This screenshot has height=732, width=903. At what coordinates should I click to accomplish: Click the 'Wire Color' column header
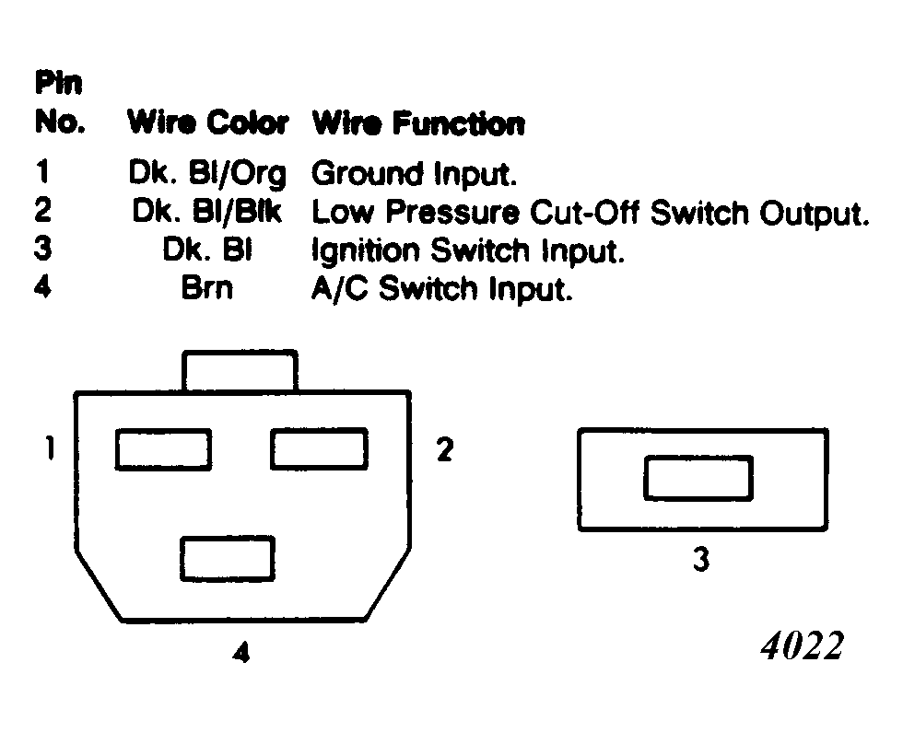[207, 122]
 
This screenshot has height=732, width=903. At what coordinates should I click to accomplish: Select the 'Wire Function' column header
[418, 123]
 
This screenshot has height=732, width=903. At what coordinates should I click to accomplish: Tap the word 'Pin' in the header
[59, 82]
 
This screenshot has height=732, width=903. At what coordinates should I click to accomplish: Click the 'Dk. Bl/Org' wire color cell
[207, 174]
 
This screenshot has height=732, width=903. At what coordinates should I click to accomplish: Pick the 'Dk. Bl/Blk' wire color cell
[207, 211]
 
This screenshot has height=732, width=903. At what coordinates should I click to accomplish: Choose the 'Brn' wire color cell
[207, 287]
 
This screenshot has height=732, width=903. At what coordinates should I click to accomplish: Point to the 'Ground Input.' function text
[414, 174]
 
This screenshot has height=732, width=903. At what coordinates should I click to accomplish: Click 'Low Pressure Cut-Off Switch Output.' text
[590, 213]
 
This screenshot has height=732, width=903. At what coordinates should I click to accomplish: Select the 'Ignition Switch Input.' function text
[468, 250]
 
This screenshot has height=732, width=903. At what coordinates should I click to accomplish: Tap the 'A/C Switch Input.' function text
[441, 288]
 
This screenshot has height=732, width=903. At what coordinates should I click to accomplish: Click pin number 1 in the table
[42, 171]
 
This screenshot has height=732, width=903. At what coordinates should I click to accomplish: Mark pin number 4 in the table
[42, 286]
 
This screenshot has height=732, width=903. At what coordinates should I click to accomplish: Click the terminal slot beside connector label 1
[164, 449]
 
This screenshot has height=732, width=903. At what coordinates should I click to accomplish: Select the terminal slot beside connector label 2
[319, 449]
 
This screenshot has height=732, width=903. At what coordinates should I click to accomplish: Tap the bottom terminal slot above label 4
[228, 559]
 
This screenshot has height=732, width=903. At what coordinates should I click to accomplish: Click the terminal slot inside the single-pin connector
[698, 478]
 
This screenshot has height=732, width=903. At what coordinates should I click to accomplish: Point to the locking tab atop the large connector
[240, 370]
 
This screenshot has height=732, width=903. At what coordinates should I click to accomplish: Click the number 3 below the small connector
[701, 559]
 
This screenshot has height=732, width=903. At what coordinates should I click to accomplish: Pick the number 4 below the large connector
[241, 652]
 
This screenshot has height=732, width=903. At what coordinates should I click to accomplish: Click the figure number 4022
[803, 645]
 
